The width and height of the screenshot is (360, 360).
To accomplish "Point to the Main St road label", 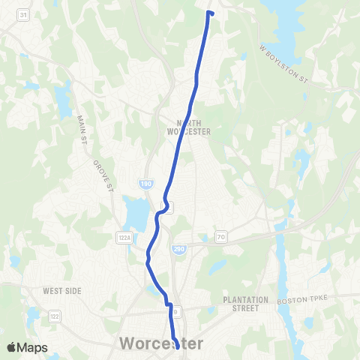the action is click(81, 128).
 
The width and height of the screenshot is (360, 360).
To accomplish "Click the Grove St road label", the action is click(101, 174).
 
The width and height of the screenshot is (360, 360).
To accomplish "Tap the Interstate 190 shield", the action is click(145, 184).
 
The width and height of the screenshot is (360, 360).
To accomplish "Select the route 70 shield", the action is click(220, 237).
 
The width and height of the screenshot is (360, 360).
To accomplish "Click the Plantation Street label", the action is click(246, 304).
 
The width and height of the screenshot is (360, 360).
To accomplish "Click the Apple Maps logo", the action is click(26, 347).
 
